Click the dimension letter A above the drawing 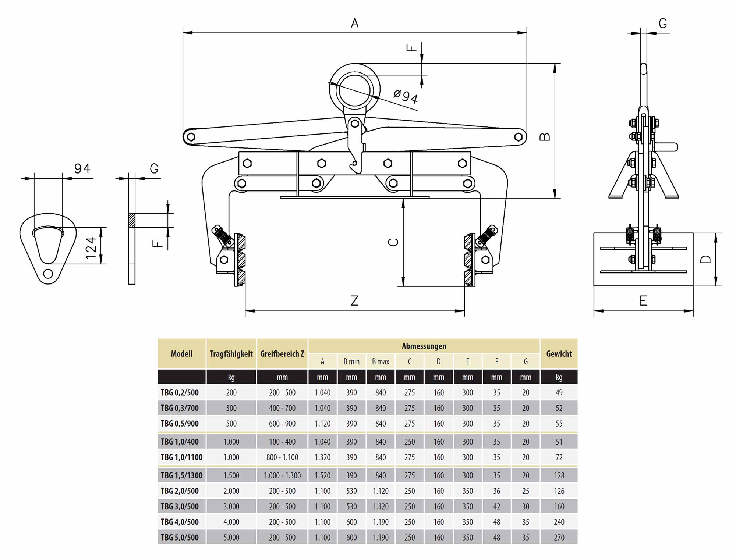[354, 23]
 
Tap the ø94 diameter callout [406, 96]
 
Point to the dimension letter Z [354, 301]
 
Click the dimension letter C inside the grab [393, 242]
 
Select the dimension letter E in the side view [643, 301]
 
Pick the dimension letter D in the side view [705, 259]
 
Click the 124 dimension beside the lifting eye [91, 248]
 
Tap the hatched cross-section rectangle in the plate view [132, 220]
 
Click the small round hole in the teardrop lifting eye [48, 274]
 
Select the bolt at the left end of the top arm [191, 137]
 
